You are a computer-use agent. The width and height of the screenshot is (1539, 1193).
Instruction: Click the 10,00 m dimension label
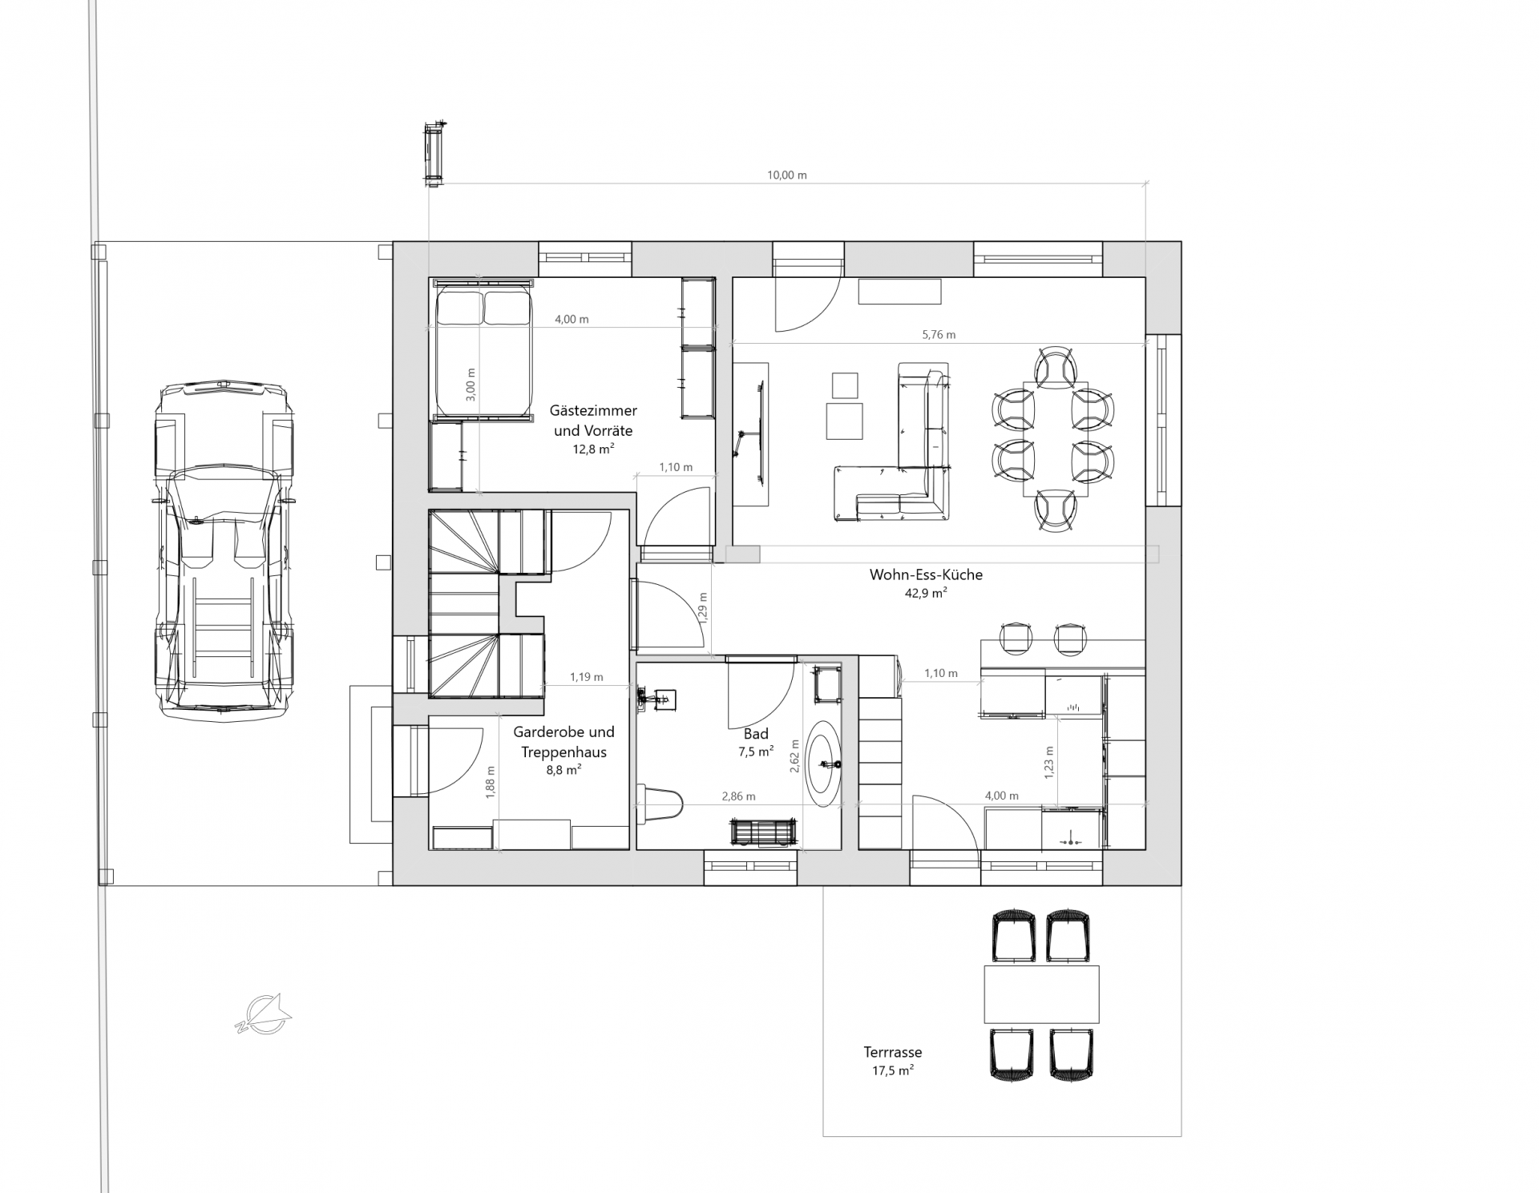point(786,175)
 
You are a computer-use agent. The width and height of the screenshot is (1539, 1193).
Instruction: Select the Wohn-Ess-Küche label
point(926,574)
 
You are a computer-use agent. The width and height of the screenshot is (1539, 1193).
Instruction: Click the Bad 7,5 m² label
point(756,742)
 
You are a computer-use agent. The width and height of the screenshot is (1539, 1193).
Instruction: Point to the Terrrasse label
point(892,1052)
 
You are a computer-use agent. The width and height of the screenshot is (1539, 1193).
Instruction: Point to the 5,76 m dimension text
point(939,335)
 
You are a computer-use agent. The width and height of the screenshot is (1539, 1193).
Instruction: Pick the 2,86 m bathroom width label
point(738,796)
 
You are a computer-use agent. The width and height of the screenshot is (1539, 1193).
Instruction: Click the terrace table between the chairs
point(1041,993)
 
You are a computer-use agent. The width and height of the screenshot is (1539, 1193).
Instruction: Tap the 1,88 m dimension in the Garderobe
point(491,783)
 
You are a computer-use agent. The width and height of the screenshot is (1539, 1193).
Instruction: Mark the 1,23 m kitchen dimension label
point(1050,762)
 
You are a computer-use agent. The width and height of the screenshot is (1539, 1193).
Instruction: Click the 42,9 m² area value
point(926,594)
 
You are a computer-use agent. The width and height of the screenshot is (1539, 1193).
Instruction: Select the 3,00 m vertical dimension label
point(471,385)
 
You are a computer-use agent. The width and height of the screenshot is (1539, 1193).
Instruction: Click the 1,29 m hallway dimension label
point(703,608)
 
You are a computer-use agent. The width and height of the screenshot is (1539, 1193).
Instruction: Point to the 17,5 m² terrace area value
point(892,1070)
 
